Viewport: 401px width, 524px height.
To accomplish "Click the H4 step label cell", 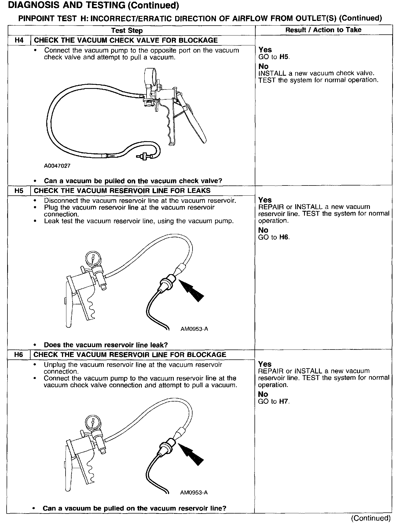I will pos(19,40).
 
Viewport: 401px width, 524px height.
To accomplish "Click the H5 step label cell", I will pos(19,190).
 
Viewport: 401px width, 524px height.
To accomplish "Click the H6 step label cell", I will pos(19,354).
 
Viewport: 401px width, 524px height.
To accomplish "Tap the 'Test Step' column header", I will pos(127,30).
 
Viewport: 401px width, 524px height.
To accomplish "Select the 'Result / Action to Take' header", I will pos(323,30).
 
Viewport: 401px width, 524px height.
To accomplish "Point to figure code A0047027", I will pos(57,166).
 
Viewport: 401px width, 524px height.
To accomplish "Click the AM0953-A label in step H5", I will pos(194,329).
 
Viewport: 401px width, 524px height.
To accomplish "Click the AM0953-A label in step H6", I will pos(194,493).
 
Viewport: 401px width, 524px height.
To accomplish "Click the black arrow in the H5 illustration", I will pos(192,291).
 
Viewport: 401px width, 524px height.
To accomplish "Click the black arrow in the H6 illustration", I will pos(192,454).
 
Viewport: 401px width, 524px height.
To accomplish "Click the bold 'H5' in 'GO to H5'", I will pos(284,57).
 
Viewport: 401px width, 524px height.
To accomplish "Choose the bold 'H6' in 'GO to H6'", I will pos(284,237).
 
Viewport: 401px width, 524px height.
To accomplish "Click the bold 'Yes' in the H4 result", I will pos(265,50).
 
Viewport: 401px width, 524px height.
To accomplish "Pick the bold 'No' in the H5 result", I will pos(263,230).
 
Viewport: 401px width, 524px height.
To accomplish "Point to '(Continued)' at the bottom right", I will pos(371,518).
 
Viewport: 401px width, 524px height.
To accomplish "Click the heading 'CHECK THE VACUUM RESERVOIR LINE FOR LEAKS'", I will pos(122,190).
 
